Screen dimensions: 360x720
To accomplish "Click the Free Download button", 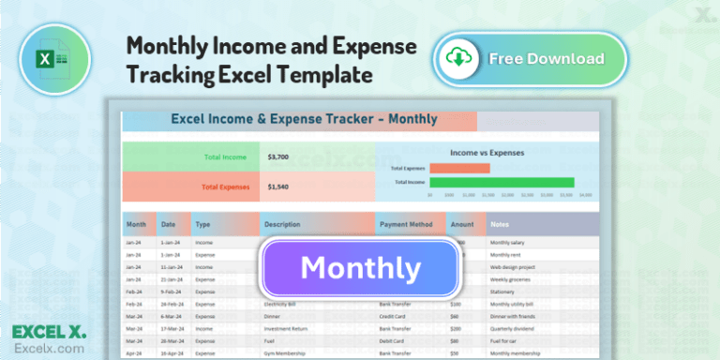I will (530, 59).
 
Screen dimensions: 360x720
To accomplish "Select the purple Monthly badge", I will (361, 269).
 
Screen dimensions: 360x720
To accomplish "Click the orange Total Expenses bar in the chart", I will (459, 169).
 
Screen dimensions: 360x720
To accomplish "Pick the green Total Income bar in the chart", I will (502, 182).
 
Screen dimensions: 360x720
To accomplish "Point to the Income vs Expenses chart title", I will (487, 152).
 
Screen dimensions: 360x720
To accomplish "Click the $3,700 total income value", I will (277, 157).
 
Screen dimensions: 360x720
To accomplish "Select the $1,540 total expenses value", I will (277, 187).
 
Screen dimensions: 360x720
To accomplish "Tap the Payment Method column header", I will (406, 225).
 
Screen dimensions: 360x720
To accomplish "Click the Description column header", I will (282, 225).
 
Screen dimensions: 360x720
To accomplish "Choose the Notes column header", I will (501, 225).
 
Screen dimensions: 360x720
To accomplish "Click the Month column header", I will (136, 225).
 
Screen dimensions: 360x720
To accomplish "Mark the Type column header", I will (202, 225).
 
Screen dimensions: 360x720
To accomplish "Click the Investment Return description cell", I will (290, 329).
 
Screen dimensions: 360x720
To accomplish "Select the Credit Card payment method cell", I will (395, 317).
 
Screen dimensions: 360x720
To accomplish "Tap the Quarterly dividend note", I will (512, 329).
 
